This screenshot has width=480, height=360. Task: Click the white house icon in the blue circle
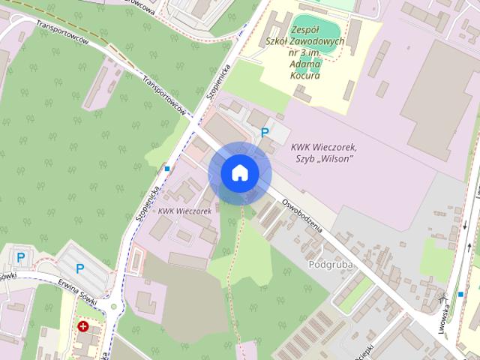click(239, 173)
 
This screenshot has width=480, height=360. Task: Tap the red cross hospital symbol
click(83, 326)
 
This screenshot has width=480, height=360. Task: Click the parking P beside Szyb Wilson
click(264, 132)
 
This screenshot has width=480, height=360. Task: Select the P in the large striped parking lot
click(79, 268)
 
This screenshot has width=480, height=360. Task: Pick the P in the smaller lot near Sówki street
click(20, 257)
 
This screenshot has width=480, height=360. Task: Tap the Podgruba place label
click(331, 265)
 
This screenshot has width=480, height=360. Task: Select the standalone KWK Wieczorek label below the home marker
click(184, 211)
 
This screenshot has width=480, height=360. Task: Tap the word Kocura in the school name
click(304, 76)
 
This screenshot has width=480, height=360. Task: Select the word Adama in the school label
click(304, 64)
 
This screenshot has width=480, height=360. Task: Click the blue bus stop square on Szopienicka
click(166, 169)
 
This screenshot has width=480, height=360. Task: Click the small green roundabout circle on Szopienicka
click(114, 306)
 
